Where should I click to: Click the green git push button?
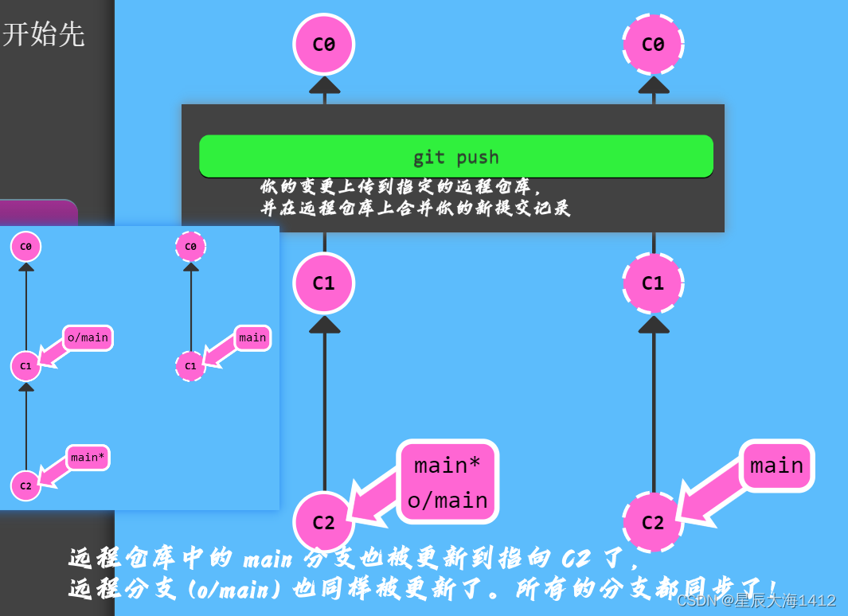pyautogui.click(x=455, y=156)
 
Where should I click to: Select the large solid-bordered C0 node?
pyautogui.click(x=323, y=45)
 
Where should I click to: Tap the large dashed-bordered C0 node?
pyautogui.click(x=653, y=45)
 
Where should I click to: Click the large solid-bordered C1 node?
pyautogui.click(x=323, y=283)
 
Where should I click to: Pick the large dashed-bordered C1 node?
pyautogui.click(x=653, y=283)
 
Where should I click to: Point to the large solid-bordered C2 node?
pyautogui.click(x=323, y=522)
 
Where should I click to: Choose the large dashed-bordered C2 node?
pyautogui.click(x=653, y=522)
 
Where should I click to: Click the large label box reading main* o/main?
pyautogui.click(x=447, y=481)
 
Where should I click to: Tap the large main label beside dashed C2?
pyautogui.click(x=776, y=466)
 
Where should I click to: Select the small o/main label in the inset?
pyautogui.click(x=88, y=337)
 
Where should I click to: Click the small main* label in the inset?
pyautogui.click(x=88, y=458)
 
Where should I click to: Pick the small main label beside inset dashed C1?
pyautogui.click(x=252, y=337)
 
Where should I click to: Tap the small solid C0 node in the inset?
pyautogui.click(x=25, y=247)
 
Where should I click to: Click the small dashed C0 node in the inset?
pyautogui.click(x=190, y=247)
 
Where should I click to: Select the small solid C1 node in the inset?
pyautogui.click(x=25, y=366)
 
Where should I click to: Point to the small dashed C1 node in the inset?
pyautogui.click(x=190, y=366)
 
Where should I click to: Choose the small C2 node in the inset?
pyautogui.click(x=25, y=485)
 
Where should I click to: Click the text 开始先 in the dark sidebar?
pyautogui.click(x=43, y=34)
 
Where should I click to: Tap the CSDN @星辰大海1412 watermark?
pyautogui.click(x=756, y=600)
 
